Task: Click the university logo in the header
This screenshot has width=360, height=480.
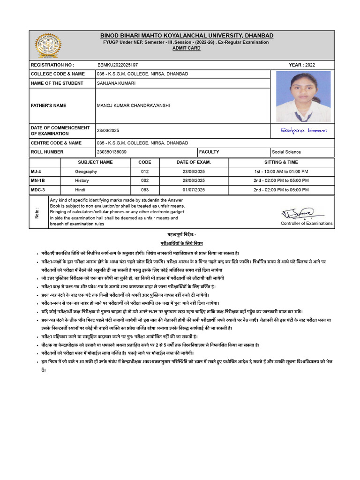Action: click(47, 45)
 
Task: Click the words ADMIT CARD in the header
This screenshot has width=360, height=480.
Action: click(186, 48)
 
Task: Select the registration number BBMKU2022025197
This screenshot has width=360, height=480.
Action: click(118, 65)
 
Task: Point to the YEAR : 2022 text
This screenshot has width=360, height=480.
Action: click(302, 65)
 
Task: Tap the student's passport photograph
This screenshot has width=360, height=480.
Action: click(303, 96)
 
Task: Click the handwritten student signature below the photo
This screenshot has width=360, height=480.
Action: click(303, 130)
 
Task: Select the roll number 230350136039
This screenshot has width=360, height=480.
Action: click(112, 152)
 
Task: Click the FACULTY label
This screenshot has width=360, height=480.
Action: click(209, 152)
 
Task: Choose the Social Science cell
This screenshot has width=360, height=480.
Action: click(286, 152)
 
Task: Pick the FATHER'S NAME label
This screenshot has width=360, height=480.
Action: click(49, 105)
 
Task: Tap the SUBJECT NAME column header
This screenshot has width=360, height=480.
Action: click(95, 162)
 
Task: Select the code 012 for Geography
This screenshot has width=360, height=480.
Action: click(145, 172)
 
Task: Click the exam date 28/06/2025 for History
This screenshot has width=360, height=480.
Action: click(194, 180)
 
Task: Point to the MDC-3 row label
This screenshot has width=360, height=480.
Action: click(39, 190)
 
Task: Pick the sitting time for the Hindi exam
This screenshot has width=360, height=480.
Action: click(281, 190)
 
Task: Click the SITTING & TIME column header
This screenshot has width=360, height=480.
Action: click(281, 162)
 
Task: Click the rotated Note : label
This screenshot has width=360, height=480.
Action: click(37, 212)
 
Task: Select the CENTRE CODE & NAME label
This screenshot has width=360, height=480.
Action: click(56, 143)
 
